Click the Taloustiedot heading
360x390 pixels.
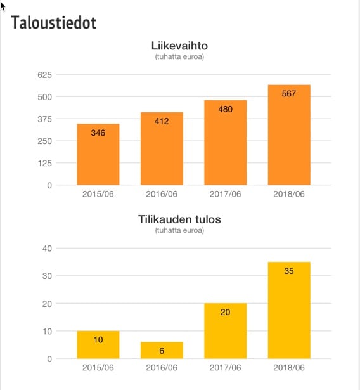point(54,23)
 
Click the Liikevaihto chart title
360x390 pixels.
point(179,46)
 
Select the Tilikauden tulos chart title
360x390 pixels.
point(179,219)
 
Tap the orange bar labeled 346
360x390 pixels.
point(98,154)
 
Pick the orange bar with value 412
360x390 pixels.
point(162,148)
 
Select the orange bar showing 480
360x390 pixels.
point(226,143)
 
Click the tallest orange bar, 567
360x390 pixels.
point(289,135)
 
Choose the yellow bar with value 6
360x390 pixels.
point(162,350)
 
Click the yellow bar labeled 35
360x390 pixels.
point(289,310)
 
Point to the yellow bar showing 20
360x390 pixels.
point(226,331)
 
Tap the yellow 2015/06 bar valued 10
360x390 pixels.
point(98,345)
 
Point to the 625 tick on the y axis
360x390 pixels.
point(45,75)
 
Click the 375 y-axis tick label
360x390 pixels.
point(45,119)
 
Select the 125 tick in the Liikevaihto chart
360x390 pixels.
point(45,164)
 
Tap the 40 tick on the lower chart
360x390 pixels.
point(47,249)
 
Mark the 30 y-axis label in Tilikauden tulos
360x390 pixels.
point(47,276)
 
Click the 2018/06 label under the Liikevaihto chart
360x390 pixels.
point(289,194)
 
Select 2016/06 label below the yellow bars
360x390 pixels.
point(162,368)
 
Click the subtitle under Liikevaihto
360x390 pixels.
point(179,56)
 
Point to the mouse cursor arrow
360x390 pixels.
point(3,6)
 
